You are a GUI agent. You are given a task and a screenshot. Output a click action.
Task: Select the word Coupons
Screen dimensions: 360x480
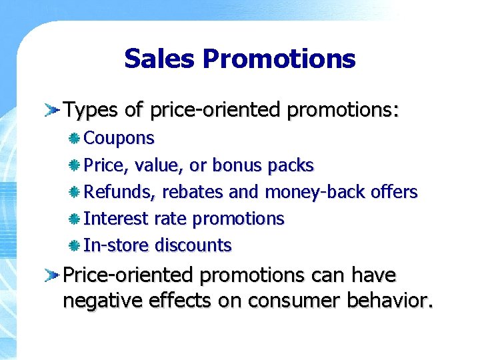(x=119, y=139)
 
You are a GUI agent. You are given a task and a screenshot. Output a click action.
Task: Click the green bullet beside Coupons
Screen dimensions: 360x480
(x=75, y=139)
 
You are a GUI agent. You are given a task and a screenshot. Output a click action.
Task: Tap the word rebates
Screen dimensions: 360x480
(x=191, y=192)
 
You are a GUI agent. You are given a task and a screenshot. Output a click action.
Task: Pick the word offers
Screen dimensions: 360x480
(x=394, y=192)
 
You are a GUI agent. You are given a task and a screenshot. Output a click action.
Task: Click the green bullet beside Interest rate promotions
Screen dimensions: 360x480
(x=75, y=219)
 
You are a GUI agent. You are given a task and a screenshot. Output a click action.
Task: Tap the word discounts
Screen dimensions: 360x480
(x=193, y=245)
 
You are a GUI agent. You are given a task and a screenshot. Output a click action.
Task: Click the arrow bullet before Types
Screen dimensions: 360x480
(x=52, y=109)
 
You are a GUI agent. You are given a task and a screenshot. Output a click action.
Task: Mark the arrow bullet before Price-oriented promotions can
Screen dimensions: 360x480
(x=52, y=275)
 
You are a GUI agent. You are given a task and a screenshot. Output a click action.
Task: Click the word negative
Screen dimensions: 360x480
(x=105, y=301)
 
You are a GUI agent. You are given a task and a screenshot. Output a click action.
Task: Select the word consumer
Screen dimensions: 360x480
(x=295, y=301)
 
